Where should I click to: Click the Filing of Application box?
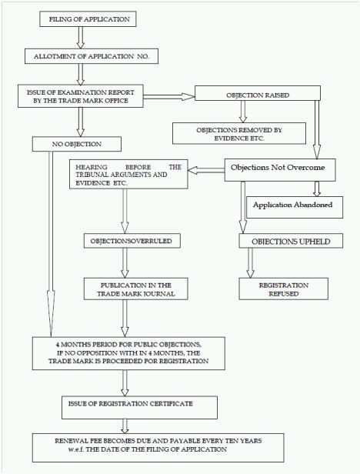coord(88,19)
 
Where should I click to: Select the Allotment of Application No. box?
coord(92,56)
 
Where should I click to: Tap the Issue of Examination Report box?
coord(81,96)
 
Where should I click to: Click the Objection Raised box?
coord(258,93)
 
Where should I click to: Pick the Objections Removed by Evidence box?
coord(239,133)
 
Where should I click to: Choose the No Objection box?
coord(77,144)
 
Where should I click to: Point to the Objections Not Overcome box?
coord(280,170)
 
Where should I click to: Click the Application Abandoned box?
coord(295,208)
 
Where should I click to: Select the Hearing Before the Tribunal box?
coord(128,175)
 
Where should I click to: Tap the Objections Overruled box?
coord(132,241)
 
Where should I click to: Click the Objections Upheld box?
coord(291,241)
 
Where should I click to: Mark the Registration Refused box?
coord(284,289)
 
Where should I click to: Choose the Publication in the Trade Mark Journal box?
coord(135,289)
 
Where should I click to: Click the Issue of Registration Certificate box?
coord(140,408)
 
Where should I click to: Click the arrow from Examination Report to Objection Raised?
coord(169,97)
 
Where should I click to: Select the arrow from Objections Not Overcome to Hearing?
coord(206,170)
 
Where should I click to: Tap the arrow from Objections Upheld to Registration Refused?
coord(250,263)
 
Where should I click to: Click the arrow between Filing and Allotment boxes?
coord(81,38)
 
